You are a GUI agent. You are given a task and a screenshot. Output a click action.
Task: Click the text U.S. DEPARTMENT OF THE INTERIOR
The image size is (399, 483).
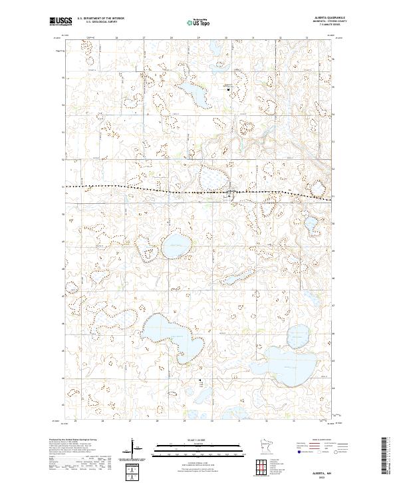pyautogui.click(x=101, y=19)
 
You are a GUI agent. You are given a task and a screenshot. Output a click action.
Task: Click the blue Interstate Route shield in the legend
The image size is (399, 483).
pyautogui.click(x=290, y=451)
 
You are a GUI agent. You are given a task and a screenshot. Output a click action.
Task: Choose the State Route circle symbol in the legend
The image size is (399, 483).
pyautogui.click(x=327, y=451)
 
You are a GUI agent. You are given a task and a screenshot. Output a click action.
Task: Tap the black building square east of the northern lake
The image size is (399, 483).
pyautogui.click(x=227, y=88)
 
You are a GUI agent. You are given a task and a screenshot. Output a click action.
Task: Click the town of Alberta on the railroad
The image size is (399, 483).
pyautogui.click(x=231, y=194)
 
